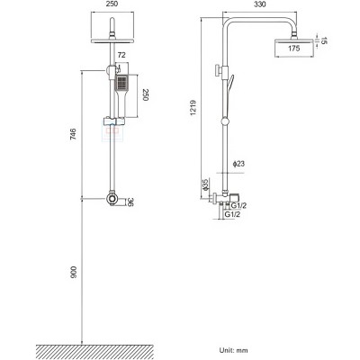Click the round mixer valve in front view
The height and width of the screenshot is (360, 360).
[111, 200]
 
